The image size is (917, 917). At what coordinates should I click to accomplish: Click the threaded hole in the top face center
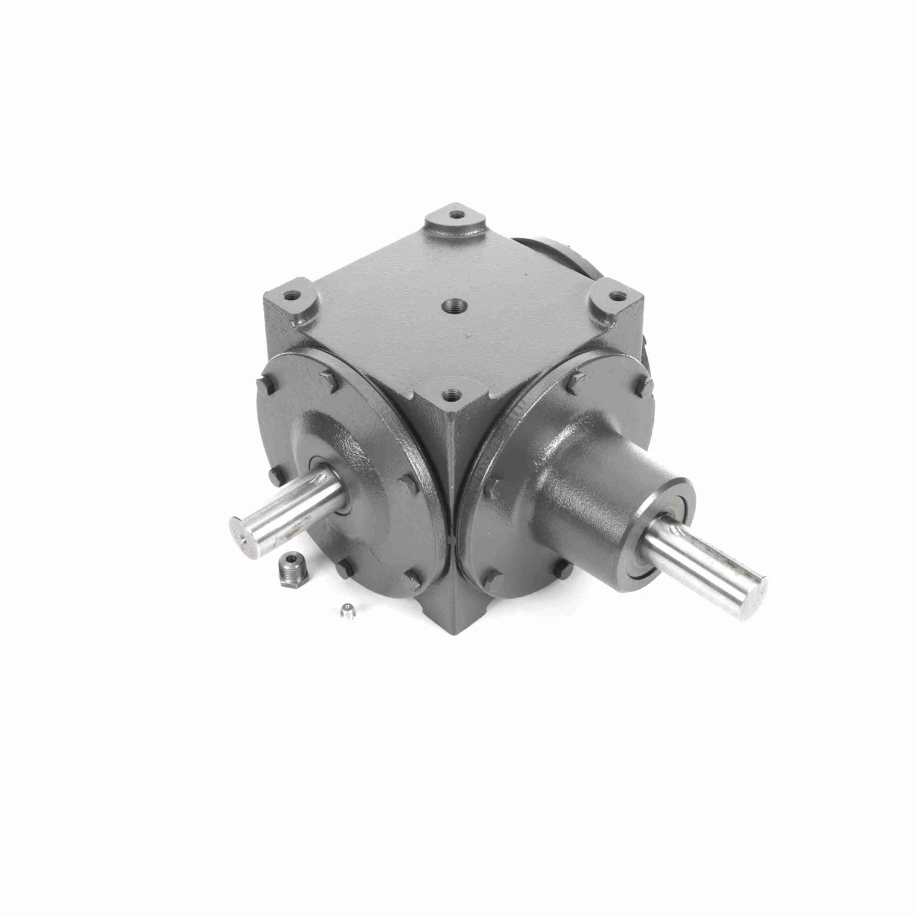coord(453,305)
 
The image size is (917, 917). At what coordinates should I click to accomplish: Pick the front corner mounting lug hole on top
coord(449,395)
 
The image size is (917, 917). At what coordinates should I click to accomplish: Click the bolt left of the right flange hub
coord(496,485)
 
